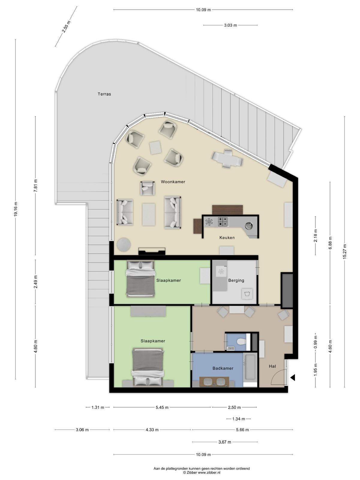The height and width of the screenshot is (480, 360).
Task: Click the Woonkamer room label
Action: (173, 182)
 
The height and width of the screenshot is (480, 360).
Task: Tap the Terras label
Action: (104, 94)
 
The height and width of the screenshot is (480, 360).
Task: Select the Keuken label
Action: (227, 238)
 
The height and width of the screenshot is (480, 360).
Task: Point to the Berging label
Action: (236, 280)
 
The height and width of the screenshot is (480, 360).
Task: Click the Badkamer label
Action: (223, 368)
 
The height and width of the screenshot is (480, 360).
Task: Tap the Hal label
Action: (272, 366)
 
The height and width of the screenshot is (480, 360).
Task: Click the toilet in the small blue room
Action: (241, 341)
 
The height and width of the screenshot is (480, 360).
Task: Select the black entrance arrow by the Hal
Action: (293, 377)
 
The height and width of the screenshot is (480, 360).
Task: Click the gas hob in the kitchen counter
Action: (223, 221)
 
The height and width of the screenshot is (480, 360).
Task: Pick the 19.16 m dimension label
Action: (16, 209)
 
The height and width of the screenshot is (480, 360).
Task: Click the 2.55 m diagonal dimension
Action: (66, 26)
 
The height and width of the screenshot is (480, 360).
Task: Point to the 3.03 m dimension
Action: (230, 25)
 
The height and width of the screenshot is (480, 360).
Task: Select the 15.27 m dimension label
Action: (345, 251)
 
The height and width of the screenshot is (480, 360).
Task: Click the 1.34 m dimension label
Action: (238, 419)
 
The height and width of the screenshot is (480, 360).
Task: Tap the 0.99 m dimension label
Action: (315, 344)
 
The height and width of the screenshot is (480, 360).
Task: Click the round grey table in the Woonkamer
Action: (124, 244)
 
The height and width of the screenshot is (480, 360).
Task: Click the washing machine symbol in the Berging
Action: (247, 293)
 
